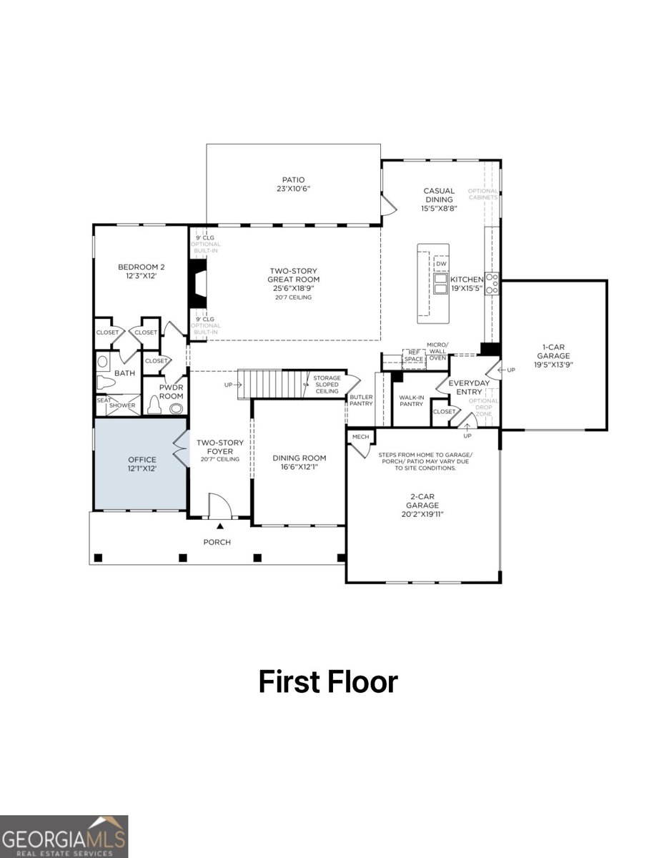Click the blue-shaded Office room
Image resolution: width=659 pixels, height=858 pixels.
coord(141,463)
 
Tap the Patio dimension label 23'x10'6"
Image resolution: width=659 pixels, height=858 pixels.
coord(293,189)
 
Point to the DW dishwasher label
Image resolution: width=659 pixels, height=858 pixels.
coord(441,264)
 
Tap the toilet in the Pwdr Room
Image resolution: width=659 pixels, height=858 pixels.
coord(155,405)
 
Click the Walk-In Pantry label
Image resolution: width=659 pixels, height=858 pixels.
coord(411,400)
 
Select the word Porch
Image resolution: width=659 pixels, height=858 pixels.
coord(217,542)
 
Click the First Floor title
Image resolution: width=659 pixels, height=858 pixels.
coord(327,681)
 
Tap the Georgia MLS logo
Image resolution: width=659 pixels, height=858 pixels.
coord(64,837)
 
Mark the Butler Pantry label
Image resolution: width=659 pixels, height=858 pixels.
coord(361,400)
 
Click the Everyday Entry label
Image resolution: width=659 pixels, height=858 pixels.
coord(469,387)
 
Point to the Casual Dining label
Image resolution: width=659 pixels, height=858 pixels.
coord(439,195)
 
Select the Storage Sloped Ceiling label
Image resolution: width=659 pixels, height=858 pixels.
coord(327,385)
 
